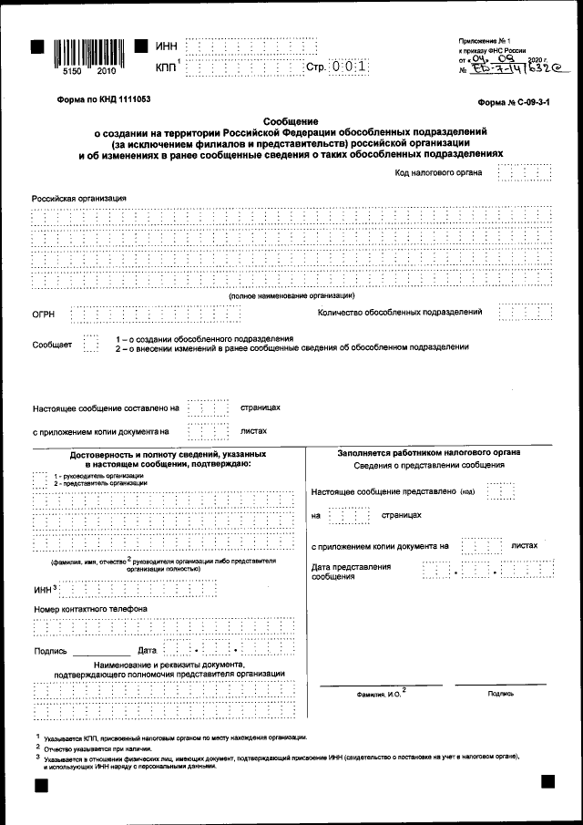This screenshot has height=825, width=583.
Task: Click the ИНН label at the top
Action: (x=167, y=46)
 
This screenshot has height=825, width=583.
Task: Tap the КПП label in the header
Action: (x=168, y=67)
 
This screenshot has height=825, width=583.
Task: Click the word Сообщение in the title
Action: (x=291, y=121)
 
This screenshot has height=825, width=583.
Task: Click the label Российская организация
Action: (x=79, y=198)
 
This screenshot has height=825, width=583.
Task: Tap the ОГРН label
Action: (x=44, y=315)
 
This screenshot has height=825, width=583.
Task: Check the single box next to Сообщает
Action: (x=90, y=343)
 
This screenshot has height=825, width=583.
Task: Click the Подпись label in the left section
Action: (x=50, y=651)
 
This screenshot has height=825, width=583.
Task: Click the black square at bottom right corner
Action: (x=547, y=781)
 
